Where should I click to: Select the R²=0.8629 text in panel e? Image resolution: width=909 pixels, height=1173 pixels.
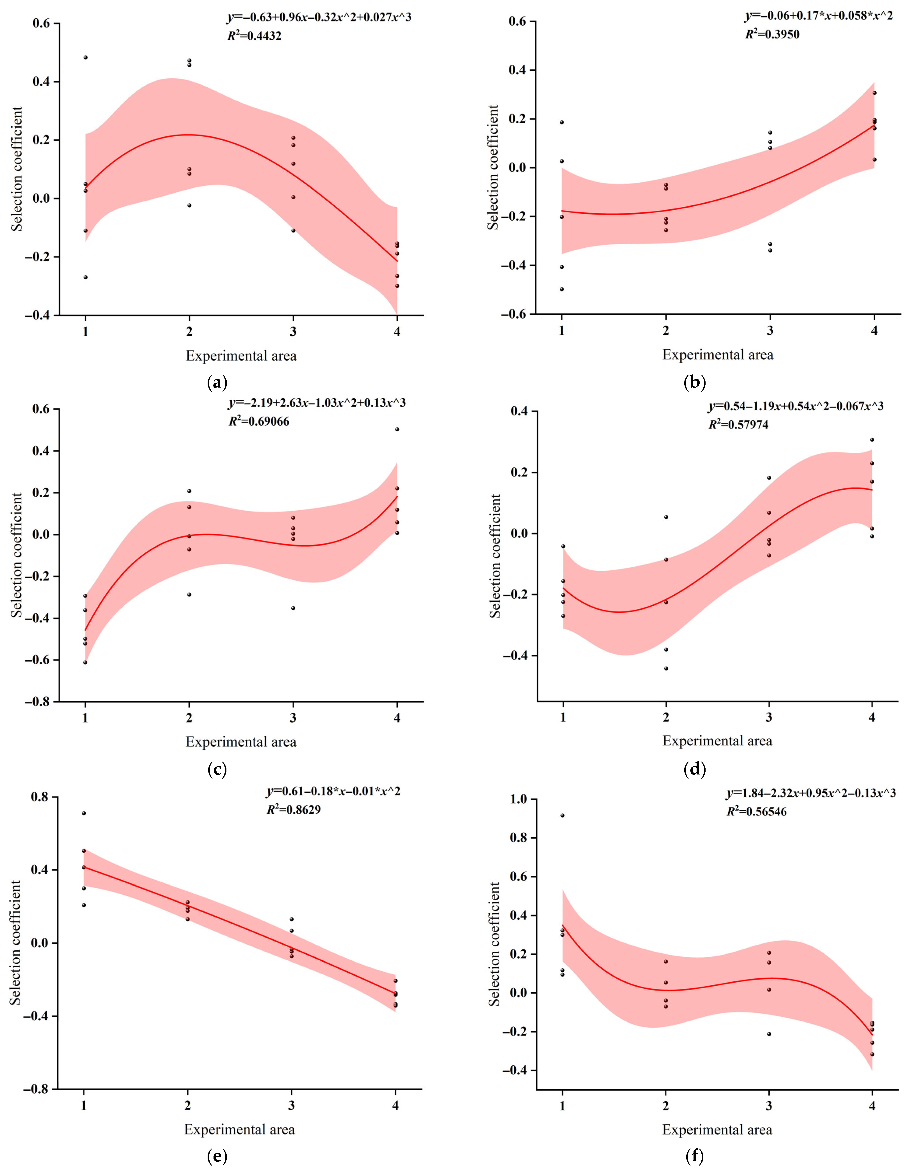[294, 809]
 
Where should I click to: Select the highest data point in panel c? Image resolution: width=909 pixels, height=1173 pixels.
[397, 429]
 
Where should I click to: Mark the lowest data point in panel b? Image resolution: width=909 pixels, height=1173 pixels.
[562, 289]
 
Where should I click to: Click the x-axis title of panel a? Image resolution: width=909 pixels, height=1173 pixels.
[241, 356]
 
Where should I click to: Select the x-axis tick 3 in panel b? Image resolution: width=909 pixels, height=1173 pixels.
[770, 331]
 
